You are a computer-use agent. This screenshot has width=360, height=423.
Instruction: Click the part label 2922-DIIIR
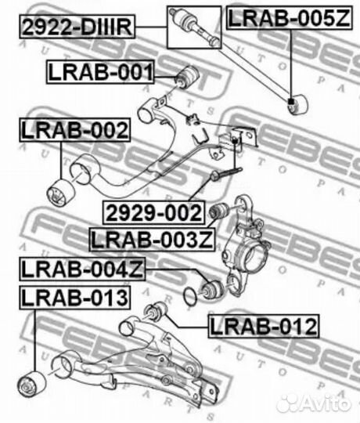tap(77, 27)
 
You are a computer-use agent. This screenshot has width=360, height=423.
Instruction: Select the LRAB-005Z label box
tap(289, 18)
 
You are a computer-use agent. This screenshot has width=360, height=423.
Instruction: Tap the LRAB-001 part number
tap(100, 72)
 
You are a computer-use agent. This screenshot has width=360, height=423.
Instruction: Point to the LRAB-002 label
tap(74, 130)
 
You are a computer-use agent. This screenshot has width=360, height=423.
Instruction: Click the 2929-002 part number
tap(154, 213)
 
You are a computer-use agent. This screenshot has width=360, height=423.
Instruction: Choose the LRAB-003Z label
tap(152, 240)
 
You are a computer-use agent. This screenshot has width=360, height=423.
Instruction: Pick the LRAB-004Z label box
tap(82, 269)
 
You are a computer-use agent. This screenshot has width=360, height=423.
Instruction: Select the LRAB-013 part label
tap(74, 298)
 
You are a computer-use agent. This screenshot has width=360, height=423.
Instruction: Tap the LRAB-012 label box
tap(263, 326)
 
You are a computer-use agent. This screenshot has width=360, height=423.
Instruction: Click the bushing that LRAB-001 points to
tap(187, 76)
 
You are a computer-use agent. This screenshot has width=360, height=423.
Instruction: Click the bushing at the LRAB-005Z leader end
tap(297, 103)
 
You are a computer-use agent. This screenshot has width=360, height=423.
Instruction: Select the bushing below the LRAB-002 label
tap(60, 193)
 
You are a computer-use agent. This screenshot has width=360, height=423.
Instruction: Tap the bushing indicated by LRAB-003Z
tap(219, 210)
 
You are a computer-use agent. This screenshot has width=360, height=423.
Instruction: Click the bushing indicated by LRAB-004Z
tap(213, 290)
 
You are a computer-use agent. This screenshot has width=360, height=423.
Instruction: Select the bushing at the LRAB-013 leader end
tap(31, 384)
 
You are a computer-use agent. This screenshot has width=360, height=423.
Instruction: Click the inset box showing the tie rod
tap(194, 27)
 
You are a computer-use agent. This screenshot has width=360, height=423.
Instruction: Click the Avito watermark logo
tap(314, 403)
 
